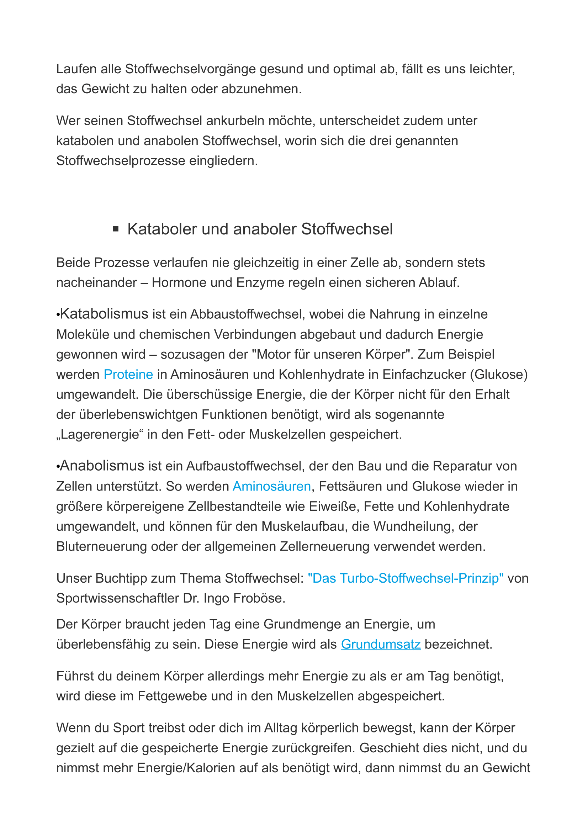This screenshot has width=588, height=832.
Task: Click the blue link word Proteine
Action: pyautogui.click(x=128, y=374)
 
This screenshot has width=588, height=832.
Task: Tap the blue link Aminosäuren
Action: pyautogui.click(x=272, y=486)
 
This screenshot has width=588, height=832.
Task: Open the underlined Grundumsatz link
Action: pyautogui.click(x=380, y=644)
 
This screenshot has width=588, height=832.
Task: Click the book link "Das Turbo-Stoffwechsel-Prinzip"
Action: pyautogui.click(x=406, y=578)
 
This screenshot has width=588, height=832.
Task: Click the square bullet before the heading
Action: pyautogui.click(x=116, y=229)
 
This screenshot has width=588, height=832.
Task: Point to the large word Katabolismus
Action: pyautogui.click(x=104, y=314)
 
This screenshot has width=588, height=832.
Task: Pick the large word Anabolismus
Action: pyautogui.click(x=102, y=466)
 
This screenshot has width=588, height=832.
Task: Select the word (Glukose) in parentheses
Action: pyautogui.click(x=499, y=374)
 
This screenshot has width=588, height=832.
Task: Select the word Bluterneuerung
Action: pyautogui.click(x=101, y=546)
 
